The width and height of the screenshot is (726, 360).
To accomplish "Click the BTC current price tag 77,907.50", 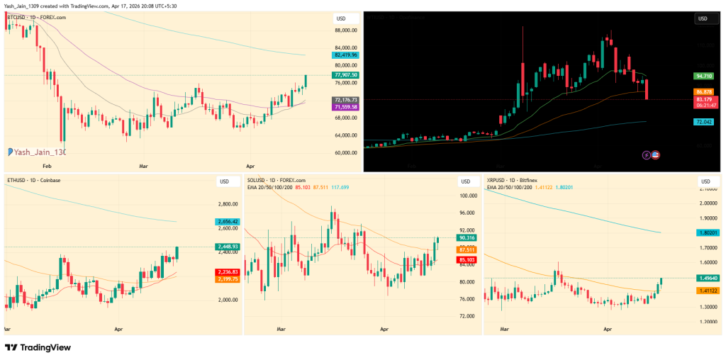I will point(345,75).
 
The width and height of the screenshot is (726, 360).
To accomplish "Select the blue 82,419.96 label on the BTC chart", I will point(345,55).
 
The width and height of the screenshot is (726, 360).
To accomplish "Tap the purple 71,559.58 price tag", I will point(345,107).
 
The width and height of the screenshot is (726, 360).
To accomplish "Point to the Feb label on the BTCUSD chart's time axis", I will point(48,165).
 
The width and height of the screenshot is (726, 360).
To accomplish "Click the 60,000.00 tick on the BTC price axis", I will point(345,152).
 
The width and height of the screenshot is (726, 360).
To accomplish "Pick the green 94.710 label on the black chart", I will point(704,76).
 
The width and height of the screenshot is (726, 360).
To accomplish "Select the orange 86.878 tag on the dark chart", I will point(704,92).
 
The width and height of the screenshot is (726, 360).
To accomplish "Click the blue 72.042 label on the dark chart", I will point(704,122).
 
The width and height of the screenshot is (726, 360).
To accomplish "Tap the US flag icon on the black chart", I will point(656,155).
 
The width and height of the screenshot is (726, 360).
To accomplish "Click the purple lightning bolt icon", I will point(646,155).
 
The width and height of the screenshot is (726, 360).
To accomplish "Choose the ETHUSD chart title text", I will point(33,181).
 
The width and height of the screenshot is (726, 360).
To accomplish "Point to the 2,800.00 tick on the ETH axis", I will point(228,203).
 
